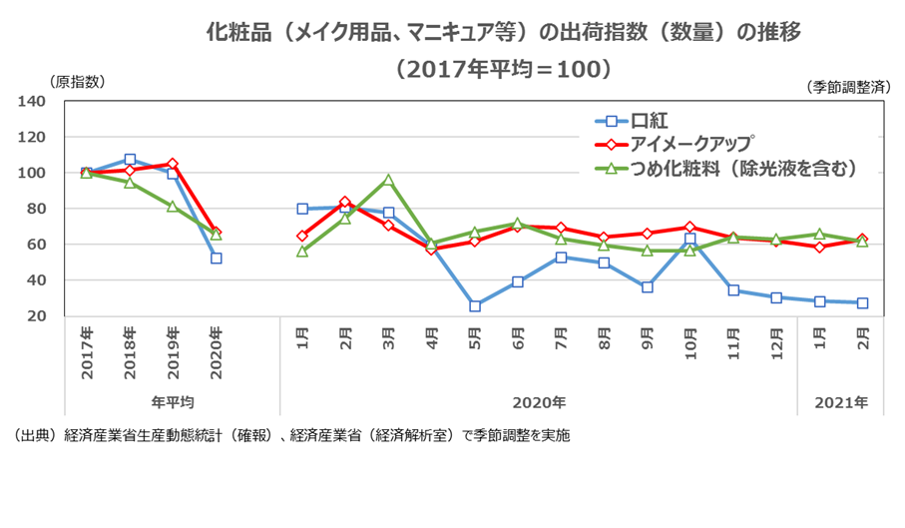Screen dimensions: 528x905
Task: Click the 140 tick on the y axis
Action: coord(33,101)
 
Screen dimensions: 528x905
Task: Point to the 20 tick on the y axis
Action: coord(37,316)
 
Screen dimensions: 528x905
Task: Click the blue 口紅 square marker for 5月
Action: coord(475,305)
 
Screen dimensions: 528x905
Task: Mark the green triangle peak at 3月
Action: coord(388,181)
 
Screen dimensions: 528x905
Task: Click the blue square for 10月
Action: coord(689,240)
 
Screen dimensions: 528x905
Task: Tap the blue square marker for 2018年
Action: coord(130,160)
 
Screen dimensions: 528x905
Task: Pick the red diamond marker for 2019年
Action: coord(173,164)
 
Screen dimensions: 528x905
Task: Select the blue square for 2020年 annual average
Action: coord(216,258)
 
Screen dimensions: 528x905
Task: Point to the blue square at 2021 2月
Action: coord(862,302)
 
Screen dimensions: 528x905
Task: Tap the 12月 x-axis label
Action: coord(776,342)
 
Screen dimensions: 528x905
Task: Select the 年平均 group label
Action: coord(172,403)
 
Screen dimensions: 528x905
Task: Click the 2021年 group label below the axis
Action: coord(841,403)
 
